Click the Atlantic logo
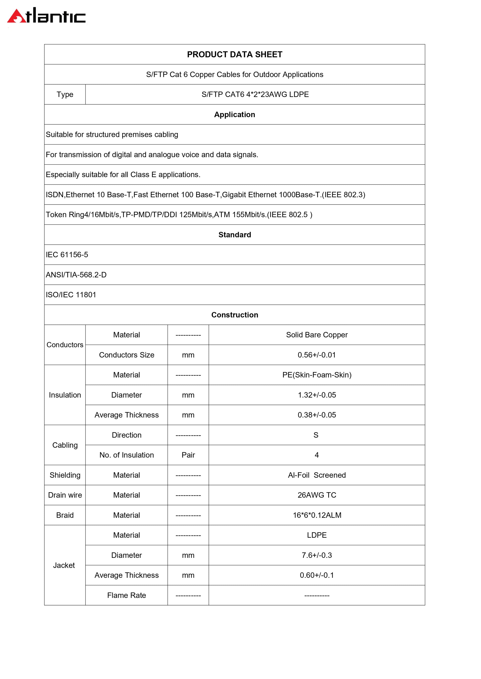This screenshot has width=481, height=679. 46,16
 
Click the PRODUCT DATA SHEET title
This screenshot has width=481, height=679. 235,55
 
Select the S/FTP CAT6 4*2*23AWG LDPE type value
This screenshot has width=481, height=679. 255,94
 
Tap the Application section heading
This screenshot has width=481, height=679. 235,114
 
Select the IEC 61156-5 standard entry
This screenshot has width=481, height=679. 67,255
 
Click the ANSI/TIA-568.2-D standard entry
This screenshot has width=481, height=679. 76,275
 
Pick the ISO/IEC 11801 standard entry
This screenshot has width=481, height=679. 71,295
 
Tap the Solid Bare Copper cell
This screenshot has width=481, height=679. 317,335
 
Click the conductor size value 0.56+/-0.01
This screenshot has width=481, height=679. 317,355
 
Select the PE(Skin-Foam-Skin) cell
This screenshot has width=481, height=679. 317,375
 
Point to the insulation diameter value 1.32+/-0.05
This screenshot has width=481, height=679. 317,395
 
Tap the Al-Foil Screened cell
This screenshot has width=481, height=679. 317,475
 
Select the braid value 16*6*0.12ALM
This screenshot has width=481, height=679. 317,515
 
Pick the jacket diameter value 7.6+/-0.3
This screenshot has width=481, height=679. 317,555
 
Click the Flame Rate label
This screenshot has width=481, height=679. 127,595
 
